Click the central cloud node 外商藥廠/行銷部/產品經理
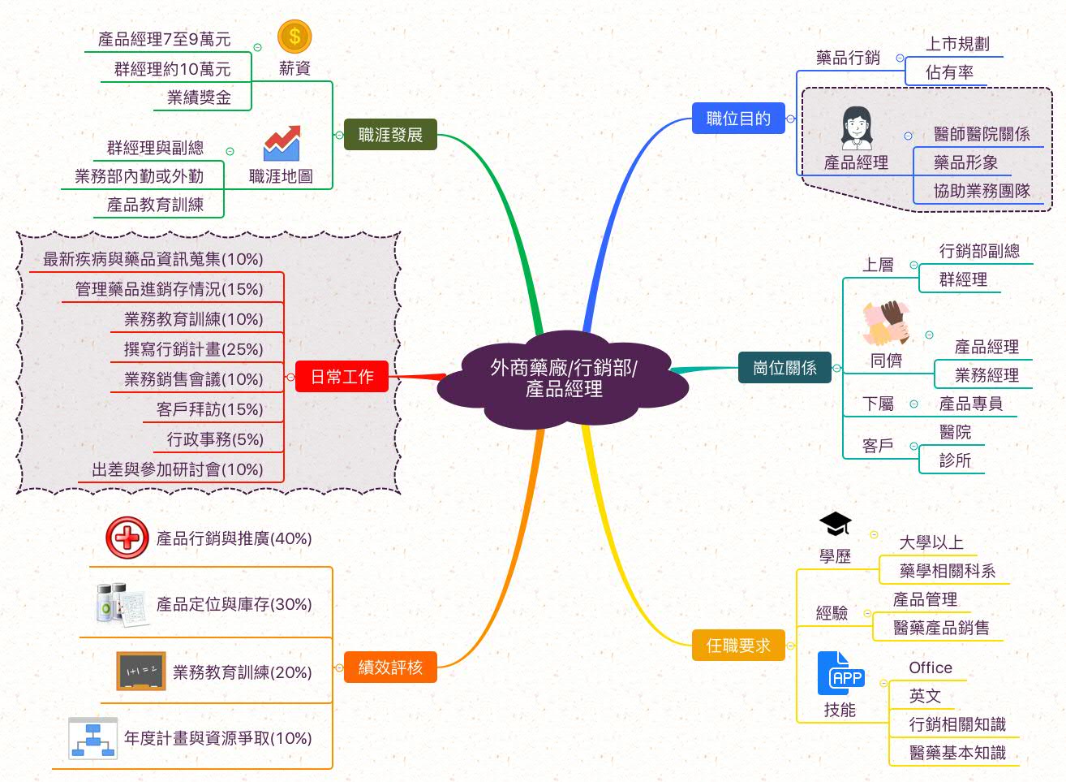click(x=563, y=378)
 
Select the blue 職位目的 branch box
click(x=737, y=119)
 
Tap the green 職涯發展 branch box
click(x=390, y=135)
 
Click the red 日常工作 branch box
click(x=342, y=377)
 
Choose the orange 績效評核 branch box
click(x=390, y=668)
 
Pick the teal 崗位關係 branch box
click(x=784, y=368)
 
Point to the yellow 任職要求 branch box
click(x=737, y=646)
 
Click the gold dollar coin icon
click(x=294, y=37)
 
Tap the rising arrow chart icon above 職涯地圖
click(x=282, y=143)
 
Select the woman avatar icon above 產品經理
click(x=856, y=128)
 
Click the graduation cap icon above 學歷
click(x=835, y=525)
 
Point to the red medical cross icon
click(x=127, y=538)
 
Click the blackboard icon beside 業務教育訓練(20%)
click(x=141, y=672)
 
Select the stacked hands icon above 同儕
click(x=886, y=323)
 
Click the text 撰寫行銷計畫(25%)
click(x=193, y=349)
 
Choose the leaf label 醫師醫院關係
click(x=982, y=134)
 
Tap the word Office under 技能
click(x=931, y=668)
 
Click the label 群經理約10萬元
click(x=172, y=69)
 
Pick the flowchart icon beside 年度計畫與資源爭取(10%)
click(x=92, y=738)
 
